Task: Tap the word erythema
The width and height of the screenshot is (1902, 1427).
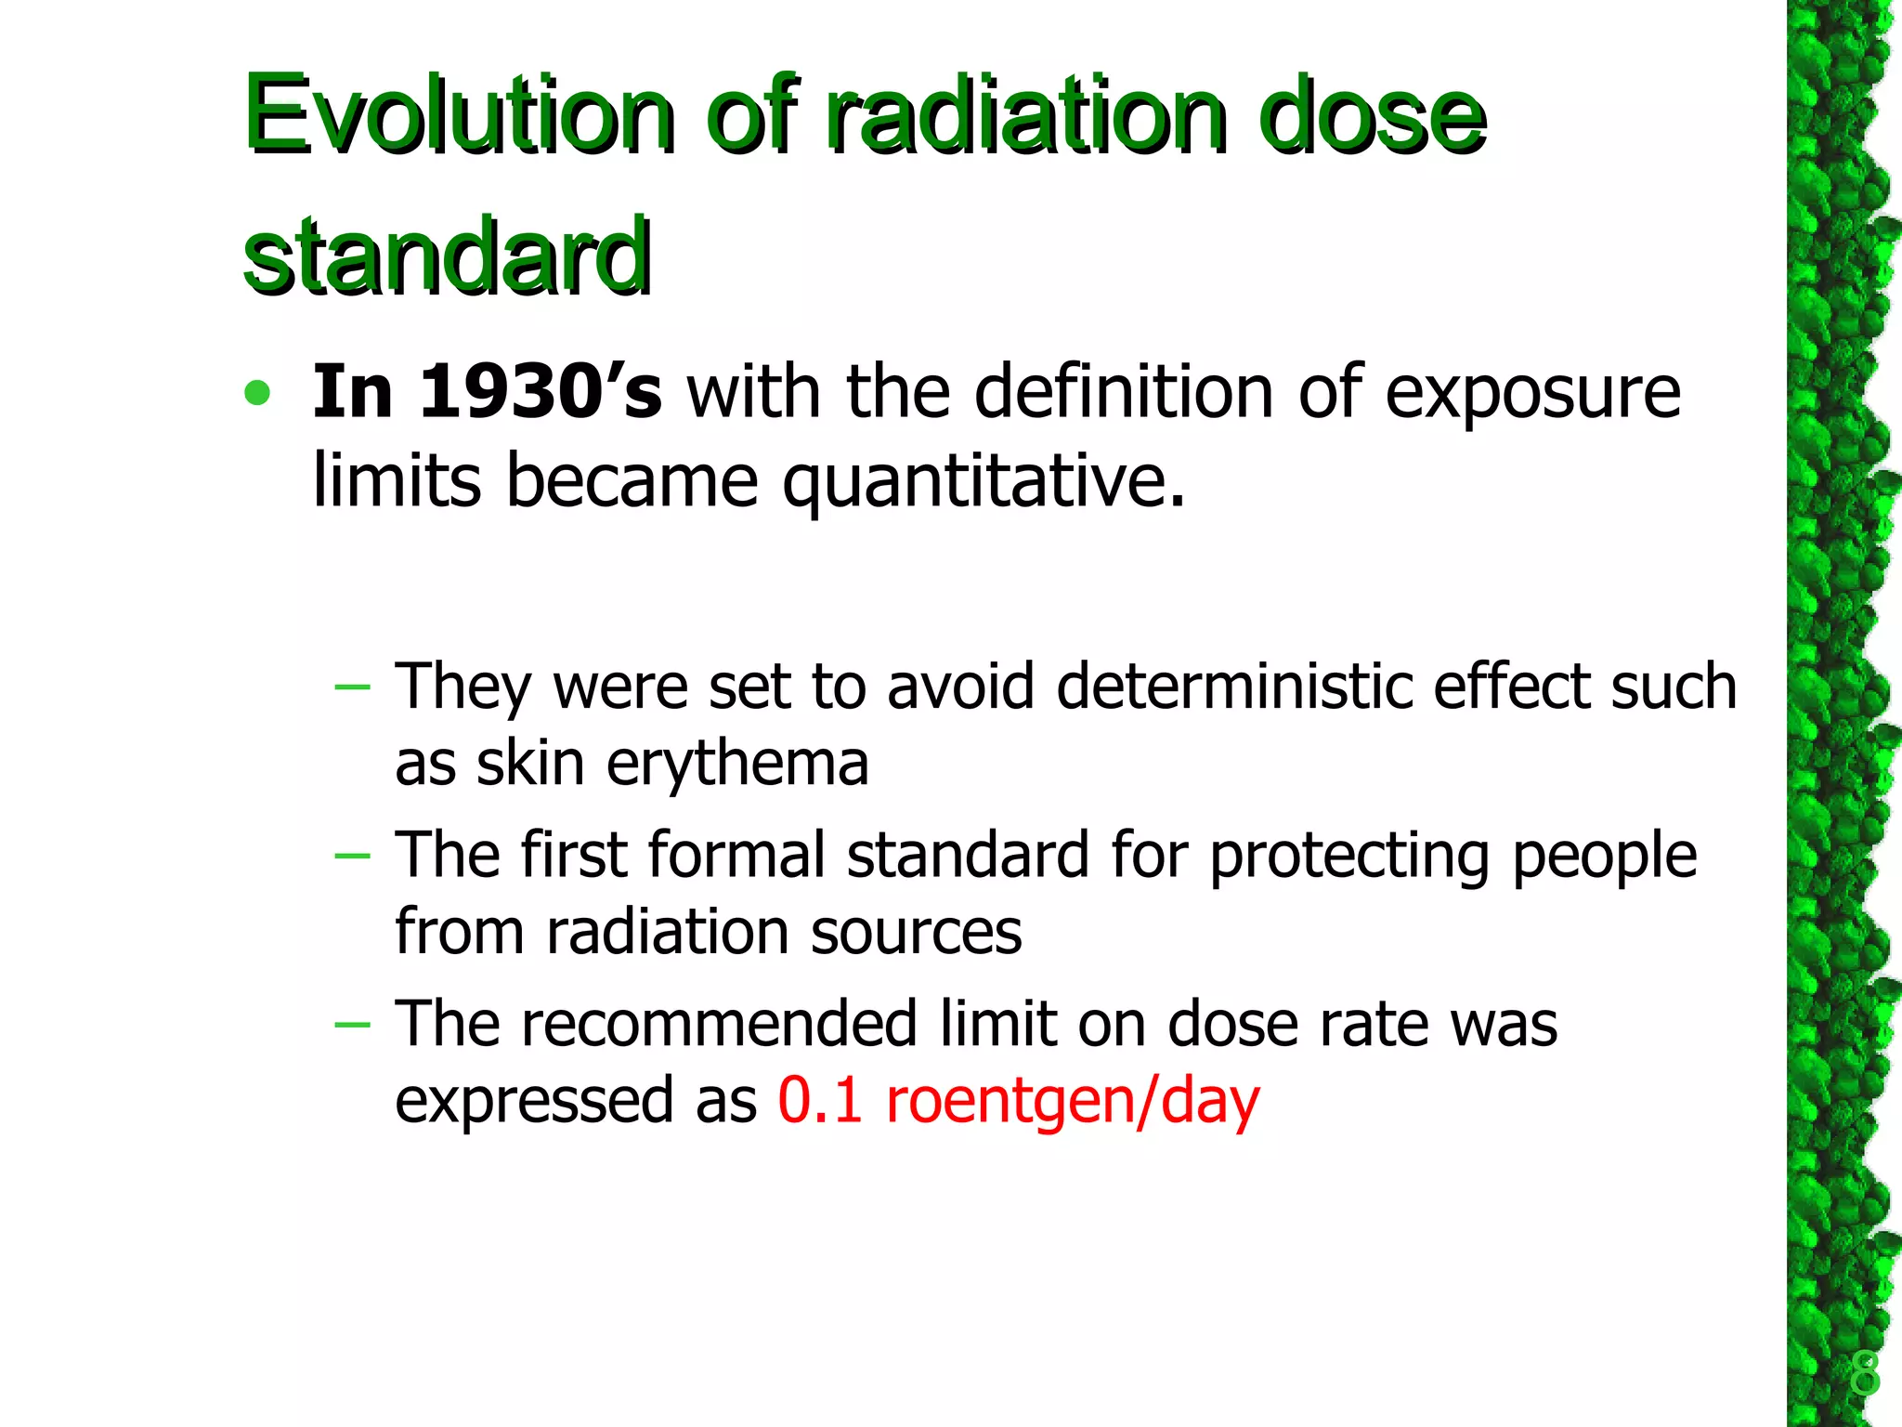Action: tap(738, 764)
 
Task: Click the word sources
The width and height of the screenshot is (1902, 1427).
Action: tap(916, 932)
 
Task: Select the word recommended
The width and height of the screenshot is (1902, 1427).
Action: tap(719, 1024)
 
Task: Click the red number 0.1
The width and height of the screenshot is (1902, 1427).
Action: tap(820, 1101)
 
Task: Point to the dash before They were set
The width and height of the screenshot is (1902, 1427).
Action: tap(352, 688)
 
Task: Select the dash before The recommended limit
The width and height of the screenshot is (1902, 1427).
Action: tap(352, 1025)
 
